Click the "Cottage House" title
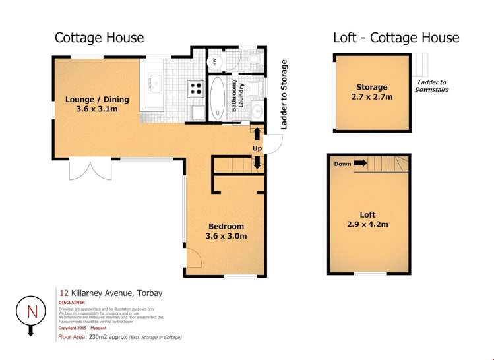click(x=99, y=38)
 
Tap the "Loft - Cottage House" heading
click(x=396, y=38)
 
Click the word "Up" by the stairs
click(x=257, y=149)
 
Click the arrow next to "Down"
click(x=359, y=164)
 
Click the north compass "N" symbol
click(x=29, y=310)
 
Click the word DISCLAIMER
click(x=72, y=303)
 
